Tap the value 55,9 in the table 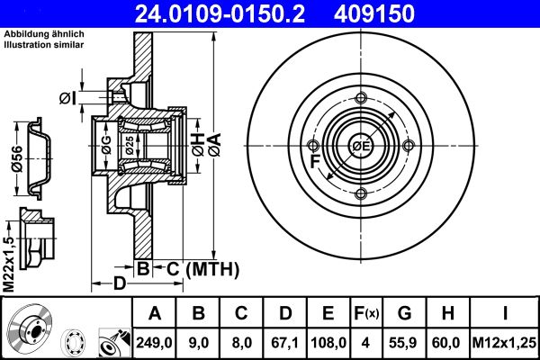point(404,341)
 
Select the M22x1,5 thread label point(10,261)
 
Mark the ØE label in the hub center point(362,147)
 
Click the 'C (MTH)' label point(197,268)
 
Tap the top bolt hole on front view point(361,100)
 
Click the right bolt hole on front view point(409,147)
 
